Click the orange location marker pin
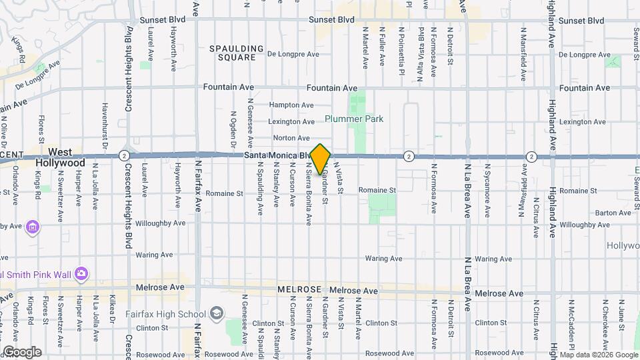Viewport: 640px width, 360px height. coord(321,159)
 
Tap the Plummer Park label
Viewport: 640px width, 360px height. coord(354,119)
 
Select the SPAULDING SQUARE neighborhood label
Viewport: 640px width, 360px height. coord(232,53)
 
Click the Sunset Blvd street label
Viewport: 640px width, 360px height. coord(331,20)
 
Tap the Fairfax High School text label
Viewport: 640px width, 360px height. coord(165,313)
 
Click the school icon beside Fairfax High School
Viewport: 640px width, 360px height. coord(217,313)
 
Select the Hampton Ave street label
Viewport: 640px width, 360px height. coord(291,105)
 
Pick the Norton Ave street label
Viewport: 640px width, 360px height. coord(291,138)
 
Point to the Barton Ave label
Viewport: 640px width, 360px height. coord(609,213)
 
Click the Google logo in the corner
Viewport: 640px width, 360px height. coord(21,352)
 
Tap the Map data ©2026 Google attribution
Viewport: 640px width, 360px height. coord(599,355)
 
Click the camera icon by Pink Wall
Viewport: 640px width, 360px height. coord(81,273)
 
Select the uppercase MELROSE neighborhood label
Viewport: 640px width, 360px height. coord(299,290)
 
